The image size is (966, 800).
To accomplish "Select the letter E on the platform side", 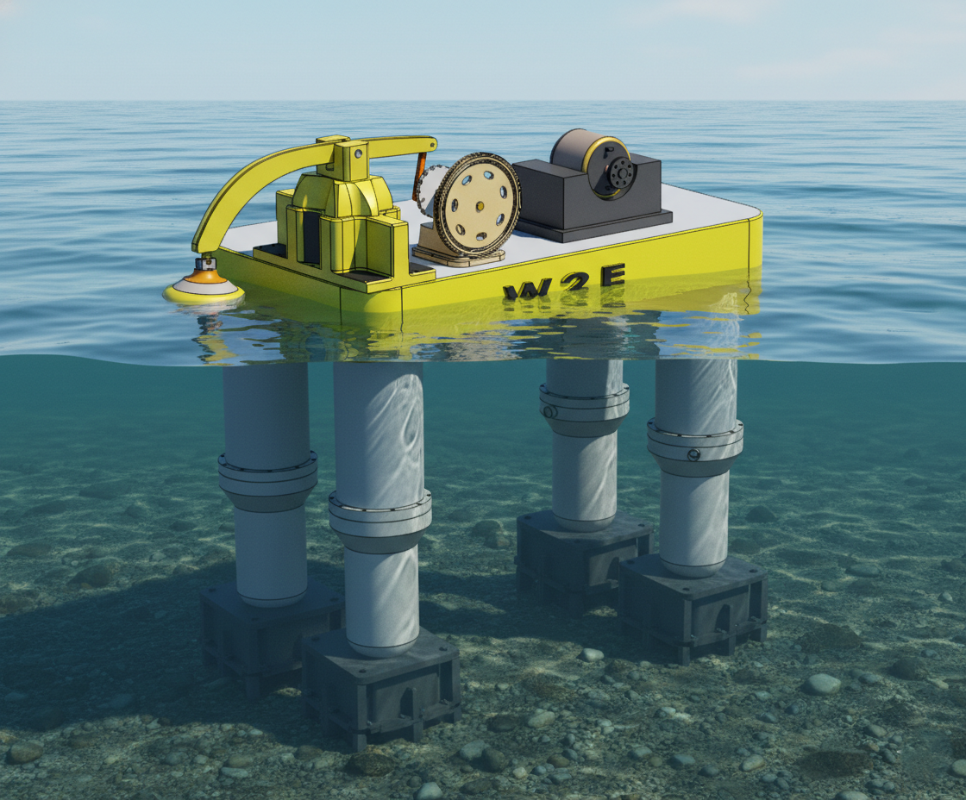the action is (x=613, y=275).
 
